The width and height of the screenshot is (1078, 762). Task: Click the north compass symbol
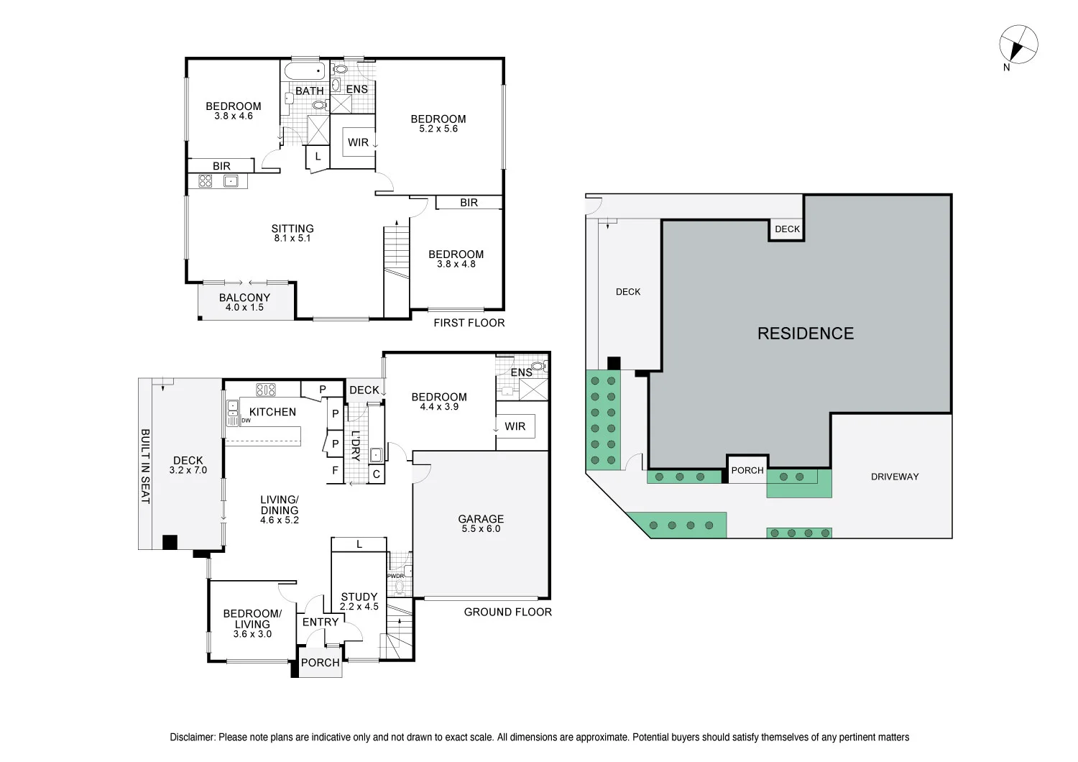pos(1018,45)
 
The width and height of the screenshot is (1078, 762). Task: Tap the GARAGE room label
pos(481,519)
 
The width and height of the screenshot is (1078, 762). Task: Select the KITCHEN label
pos(272,412)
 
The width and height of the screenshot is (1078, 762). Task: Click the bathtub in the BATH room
pos(305,70)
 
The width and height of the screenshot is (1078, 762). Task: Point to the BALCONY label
pos(244,298)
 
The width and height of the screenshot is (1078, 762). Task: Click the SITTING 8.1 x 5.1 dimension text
pos(292,238)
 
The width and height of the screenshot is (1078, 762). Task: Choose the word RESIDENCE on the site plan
pos(806,334)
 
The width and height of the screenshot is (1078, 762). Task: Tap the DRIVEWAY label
pos(895,477)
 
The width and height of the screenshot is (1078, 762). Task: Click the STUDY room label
pos(359,597)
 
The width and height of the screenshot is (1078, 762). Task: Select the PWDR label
pos(395,576)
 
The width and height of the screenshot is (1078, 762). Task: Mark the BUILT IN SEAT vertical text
pos(145,467)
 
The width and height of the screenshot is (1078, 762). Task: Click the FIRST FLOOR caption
pos(469,323)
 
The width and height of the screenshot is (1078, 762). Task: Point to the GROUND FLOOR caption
pos(507,612)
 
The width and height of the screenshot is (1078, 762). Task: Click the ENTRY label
pos(321,623)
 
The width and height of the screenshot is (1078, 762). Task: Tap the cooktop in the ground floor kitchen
pos(266,390)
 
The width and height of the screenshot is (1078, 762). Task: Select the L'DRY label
pos(356,446)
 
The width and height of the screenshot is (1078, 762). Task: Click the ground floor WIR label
pos(515,426)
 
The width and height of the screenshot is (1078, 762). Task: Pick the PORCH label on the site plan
pos(747,470)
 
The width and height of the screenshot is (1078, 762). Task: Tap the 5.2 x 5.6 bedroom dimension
pos(438,129)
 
